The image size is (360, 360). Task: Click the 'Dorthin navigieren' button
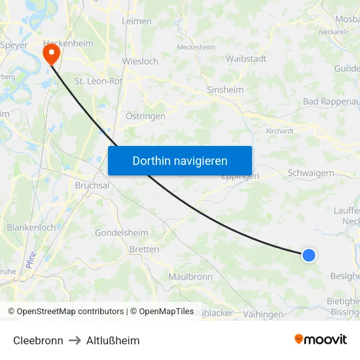(179, 160)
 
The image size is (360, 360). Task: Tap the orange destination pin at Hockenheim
(52, 54)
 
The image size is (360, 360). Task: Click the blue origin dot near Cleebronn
(308, 255)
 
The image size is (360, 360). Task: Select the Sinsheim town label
(225, 90)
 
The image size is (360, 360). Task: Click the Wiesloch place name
(140, 62)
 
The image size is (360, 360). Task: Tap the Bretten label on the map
(144, 249)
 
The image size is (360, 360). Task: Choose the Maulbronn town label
(190, 276)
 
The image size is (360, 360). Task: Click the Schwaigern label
(311, 173)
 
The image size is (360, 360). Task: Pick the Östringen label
(145, 116)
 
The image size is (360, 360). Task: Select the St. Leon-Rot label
(99, 81)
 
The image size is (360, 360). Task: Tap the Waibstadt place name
(245, 58)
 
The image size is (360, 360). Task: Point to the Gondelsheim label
(122, 232)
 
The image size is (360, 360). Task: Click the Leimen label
(137, 21)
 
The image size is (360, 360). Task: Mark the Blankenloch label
(31, 227)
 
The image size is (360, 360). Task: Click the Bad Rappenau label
(331, 101)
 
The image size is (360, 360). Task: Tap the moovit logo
(321, 339)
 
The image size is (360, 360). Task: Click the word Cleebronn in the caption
(38, 340)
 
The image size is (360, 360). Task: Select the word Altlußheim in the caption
(113, 340)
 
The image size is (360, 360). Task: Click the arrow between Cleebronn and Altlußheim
(75, 340)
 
